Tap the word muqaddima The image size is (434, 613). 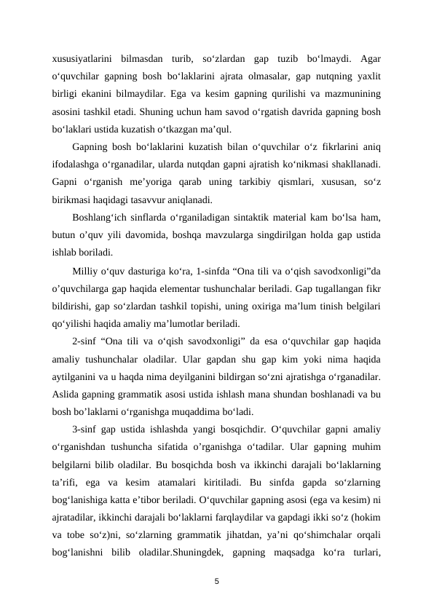coord(202,410)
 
